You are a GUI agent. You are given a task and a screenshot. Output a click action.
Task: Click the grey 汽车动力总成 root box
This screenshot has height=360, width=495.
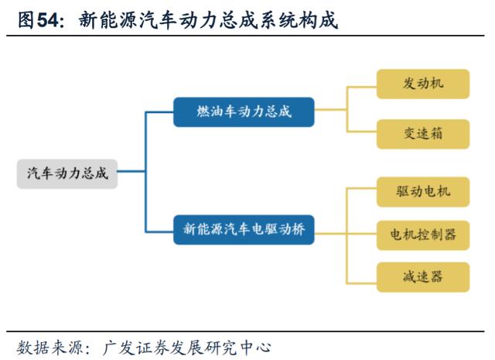67,174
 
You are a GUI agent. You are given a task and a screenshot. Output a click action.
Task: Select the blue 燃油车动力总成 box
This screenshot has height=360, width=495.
244,112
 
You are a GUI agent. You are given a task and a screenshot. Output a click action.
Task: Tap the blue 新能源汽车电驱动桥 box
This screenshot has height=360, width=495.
244,230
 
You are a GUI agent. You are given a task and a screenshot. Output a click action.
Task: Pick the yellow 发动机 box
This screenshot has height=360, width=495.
423,84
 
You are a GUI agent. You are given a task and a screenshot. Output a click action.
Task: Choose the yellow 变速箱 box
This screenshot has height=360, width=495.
423,134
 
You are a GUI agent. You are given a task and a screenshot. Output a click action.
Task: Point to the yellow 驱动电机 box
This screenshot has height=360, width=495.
423,192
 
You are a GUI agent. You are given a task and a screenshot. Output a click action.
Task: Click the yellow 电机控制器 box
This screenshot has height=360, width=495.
423,235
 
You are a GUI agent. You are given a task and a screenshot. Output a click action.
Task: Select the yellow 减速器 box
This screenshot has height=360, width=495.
423,277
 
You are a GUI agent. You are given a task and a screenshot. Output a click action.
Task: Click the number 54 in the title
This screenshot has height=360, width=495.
48,21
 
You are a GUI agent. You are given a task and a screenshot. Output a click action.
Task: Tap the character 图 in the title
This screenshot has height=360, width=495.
26,21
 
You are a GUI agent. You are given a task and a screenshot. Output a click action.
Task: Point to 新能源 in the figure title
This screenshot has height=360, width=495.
108,21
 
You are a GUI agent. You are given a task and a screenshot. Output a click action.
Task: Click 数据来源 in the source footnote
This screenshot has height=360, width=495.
49,348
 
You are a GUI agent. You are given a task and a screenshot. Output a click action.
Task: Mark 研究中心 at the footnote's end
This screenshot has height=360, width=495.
237,348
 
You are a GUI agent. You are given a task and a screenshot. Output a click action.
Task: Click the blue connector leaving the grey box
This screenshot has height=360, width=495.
131,172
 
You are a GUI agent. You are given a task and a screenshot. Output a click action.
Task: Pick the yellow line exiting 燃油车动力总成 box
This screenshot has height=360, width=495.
330,110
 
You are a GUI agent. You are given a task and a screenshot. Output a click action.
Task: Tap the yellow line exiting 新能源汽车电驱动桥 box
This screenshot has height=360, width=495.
330,234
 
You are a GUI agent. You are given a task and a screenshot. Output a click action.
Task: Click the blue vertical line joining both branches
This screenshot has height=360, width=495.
145,172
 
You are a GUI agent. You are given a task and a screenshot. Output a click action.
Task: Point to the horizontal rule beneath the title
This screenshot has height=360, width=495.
245,36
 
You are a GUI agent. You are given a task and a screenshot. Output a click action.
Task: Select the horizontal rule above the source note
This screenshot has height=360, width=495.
245,331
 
